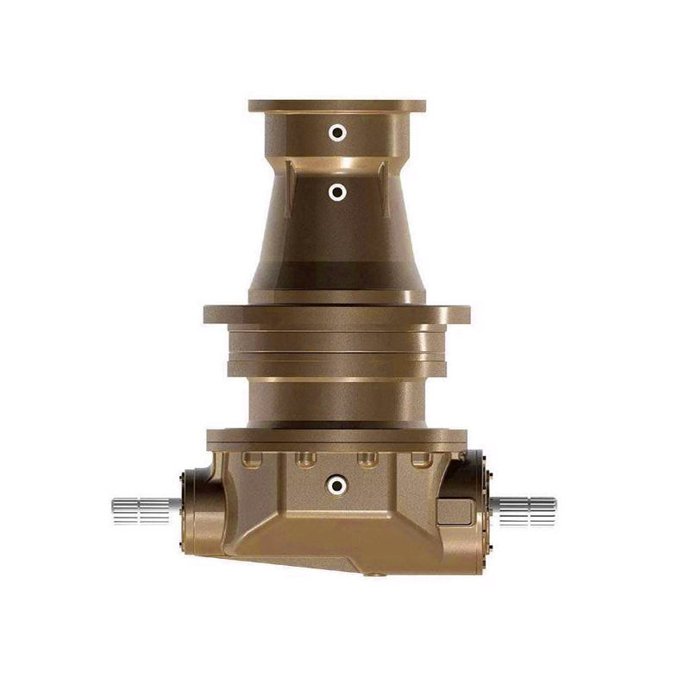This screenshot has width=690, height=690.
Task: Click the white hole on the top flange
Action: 338,132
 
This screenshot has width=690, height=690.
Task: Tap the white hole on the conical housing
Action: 338,192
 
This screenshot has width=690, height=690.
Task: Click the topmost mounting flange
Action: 336,107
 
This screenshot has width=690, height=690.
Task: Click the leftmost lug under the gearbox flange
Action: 253,458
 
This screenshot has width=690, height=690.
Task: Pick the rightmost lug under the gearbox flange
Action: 420,458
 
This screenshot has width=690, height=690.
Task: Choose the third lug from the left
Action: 367,458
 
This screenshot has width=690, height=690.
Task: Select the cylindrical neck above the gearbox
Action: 336,401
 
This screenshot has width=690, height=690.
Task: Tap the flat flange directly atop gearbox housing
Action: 336,438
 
